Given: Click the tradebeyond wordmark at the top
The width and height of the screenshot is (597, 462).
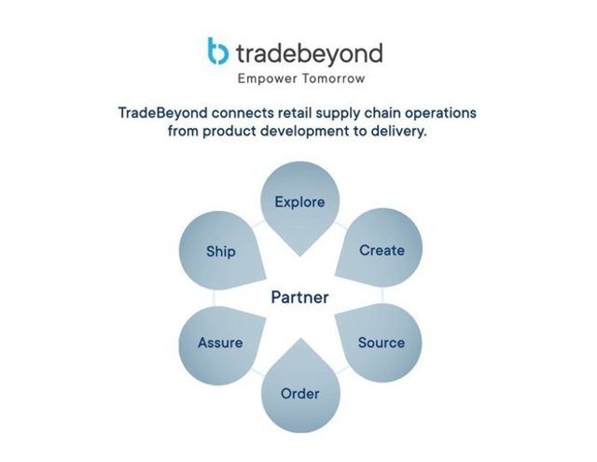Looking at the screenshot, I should point(309,51).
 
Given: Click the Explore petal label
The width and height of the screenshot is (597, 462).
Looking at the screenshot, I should point(299,202).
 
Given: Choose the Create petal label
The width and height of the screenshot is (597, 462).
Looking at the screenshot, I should point(382,250).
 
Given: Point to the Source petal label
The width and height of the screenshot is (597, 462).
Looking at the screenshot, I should point(382,343).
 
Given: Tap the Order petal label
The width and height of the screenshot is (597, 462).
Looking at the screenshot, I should point(299,393).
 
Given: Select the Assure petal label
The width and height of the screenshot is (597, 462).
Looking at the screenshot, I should point(220,343).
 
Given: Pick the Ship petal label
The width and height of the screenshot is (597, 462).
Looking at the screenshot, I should point(221,251).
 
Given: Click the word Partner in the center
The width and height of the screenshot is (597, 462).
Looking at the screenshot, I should point(299,298).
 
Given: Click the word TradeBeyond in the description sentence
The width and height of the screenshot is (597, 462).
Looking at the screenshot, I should point(161,113).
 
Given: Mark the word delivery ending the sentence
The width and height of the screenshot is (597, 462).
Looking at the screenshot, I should point(398,132).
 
